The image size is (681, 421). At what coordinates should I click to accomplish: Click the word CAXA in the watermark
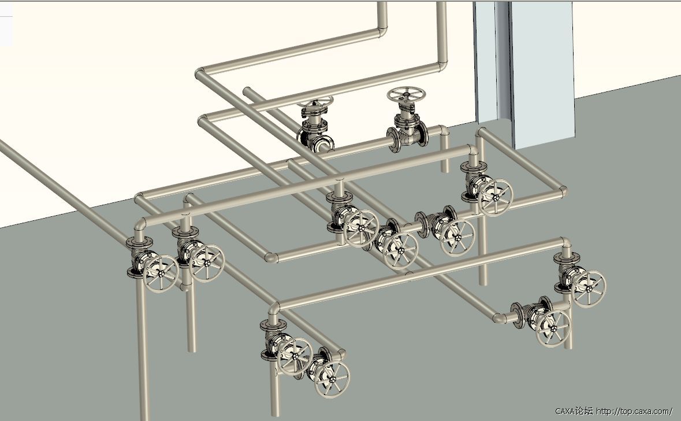click(564, 411)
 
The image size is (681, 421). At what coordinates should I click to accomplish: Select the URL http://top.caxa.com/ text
click(634, 411)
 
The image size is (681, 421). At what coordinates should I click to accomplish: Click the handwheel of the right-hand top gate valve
click(406, 94)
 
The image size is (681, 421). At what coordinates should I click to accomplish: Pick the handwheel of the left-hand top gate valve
click(315, 102)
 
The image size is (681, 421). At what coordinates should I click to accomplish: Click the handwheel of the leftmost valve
click(160, 274)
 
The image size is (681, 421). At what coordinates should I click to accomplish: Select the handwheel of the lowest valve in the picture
click(332, 379)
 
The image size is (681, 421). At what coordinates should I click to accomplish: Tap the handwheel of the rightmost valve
click(588, 289)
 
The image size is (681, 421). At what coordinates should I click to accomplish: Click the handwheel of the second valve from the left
click(206, 263)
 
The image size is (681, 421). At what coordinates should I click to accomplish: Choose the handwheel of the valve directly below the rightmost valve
click(552, 328)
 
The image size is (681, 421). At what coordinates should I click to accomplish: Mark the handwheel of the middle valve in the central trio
click(400, 252)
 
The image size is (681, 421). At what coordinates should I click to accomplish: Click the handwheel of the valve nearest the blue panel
click(495, 197)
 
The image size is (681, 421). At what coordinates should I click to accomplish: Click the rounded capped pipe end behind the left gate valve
click(247, 92)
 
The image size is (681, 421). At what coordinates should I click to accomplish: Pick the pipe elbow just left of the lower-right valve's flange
click(500, 317)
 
